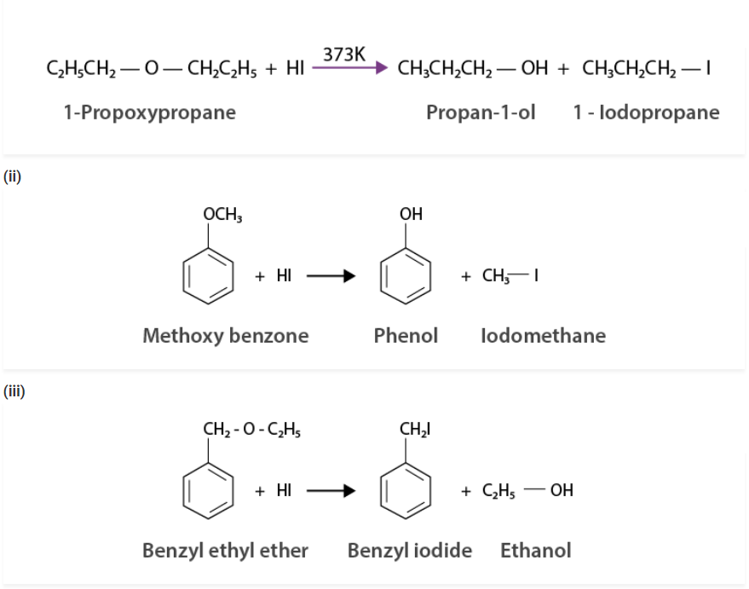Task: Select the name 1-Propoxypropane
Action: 149,113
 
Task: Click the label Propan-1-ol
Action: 481,113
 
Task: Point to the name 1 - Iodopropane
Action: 647,113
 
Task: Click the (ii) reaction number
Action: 12,176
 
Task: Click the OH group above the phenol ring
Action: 411,214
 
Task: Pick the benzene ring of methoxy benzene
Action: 210,276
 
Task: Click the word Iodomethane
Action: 543,336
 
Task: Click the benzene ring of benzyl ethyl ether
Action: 210,491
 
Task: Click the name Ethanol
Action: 535,551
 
